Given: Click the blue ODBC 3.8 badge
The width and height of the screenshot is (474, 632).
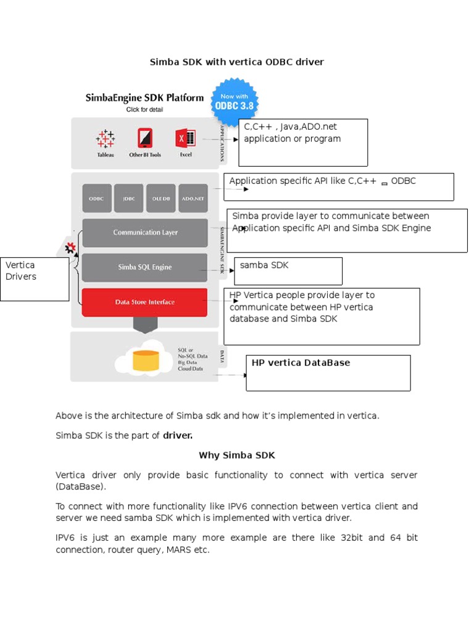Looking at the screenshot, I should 235,101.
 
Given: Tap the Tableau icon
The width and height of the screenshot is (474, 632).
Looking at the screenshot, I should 106,139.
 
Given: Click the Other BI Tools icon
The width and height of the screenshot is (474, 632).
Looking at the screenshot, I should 145,138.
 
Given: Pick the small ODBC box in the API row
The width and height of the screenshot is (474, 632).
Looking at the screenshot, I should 97,199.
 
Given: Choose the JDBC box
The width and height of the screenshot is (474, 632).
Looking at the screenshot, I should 128,199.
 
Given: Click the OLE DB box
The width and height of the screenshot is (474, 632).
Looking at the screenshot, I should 160,199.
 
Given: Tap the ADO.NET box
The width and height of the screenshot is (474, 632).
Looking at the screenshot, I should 192,199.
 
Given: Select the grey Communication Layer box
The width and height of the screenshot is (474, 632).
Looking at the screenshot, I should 145,233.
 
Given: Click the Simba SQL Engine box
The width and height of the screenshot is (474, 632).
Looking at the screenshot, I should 145,267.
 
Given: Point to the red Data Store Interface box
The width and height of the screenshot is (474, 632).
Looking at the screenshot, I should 145,302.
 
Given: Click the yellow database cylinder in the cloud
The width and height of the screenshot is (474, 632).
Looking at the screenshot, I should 146,360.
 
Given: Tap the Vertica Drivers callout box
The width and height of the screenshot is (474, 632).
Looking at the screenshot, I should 35,279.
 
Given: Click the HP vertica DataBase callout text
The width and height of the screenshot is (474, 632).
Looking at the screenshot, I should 301,363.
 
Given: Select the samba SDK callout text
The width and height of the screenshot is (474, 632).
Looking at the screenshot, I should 264,265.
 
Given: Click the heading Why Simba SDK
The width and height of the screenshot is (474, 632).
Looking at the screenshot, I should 236,455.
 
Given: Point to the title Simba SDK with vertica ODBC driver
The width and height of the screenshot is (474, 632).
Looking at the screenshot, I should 237,62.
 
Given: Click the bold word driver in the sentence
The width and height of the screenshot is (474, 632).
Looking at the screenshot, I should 178,436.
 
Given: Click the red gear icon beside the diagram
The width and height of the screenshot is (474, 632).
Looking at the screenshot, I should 70,247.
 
